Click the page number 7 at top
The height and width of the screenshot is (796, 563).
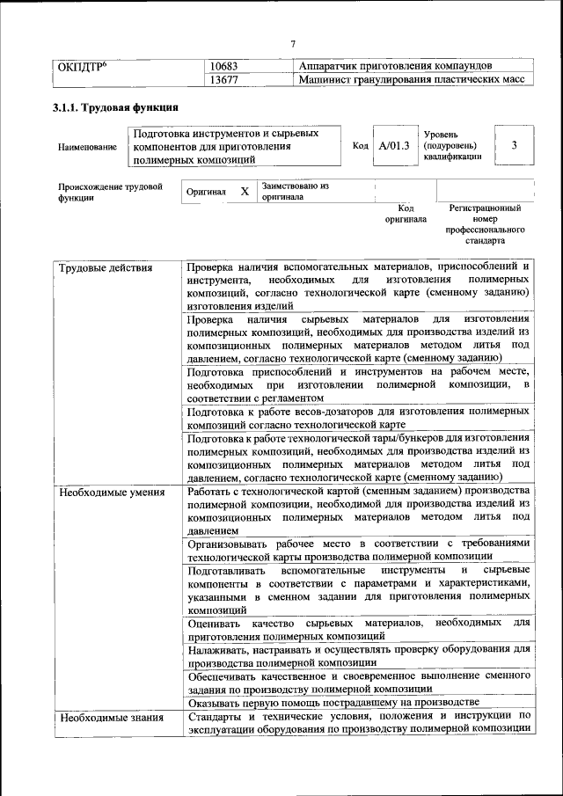[293, 44]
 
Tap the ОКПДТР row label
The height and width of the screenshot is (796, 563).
[83, 66]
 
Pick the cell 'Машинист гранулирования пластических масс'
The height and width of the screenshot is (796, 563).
[411, 80]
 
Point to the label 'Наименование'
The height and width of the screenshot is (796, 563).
[88, 147]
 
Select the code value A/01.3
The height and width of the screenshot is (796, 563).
[393, 146]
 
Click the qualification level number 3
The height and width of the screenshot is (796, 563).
[514, 145]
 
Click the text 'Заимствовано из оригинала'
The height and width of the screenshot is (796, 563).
[294, 192]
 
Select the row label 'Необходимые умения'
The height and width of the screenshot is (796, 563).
[112, 492]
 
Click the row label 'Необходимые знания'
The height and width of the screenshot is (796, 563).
[111, 718]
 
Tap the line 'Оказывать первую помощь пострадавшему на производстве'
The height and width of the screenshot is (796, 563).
[333, 702]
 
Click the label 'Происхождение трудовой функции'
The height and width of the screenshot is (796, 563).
[110, 193]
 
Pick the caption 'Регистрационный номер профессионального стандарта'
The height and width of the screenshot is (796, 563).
[485, 224]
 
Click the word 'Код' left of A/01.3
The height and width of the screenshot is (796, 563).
[360, 146]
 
